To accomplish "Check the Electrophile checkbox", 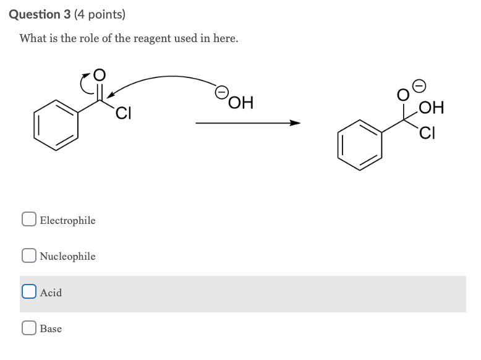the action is pos(28,220).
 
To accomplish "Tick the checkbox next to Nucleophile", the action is pos(28,255).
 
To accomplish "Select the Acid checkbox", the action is pos(28,292).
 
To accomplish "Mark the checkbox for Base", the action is pos(28,328).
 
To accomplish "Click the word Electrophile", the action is pos(67,220).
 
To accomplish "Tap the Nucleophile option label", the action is pos(67,256).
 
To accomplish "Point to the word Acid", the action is pos(51,293).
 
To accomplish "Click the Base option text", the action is pos(51,328).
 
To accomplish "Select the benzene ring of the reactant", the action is pos(56,126).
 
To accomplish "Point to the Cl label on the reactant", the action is pos(124,114).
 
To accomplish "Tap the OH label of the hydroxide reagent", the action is pos(241,102).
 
